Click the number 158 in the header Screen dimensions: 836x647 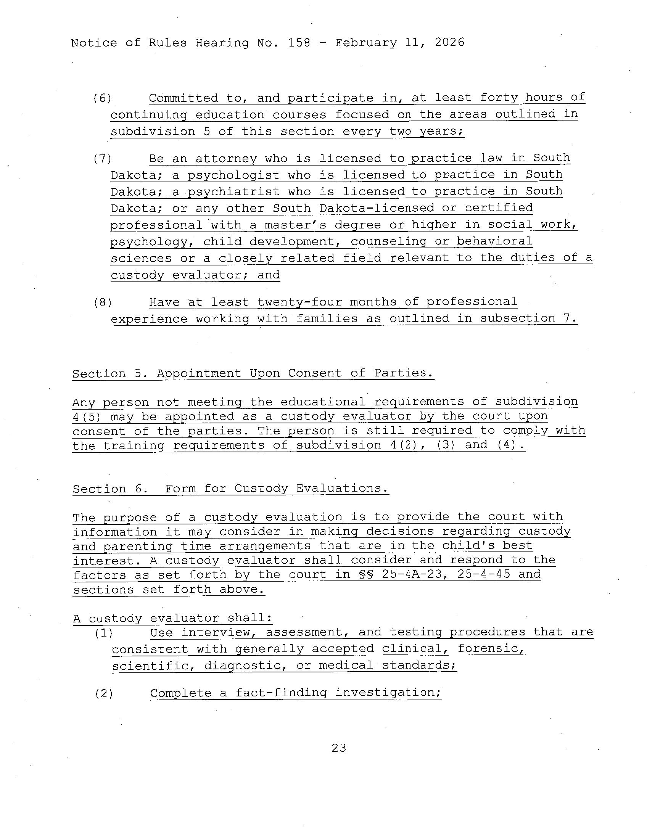tap(299, 42)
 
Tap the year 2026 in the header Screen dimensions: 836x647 tap(449, 42)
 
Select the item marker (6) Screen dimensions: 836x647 tap(102, 98)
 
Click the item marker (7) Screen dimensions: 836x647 tap(102, 159)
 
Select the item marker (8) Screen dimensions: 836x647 tap(102, 303)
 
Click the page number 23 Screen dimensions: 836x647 tap(339, 748)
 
